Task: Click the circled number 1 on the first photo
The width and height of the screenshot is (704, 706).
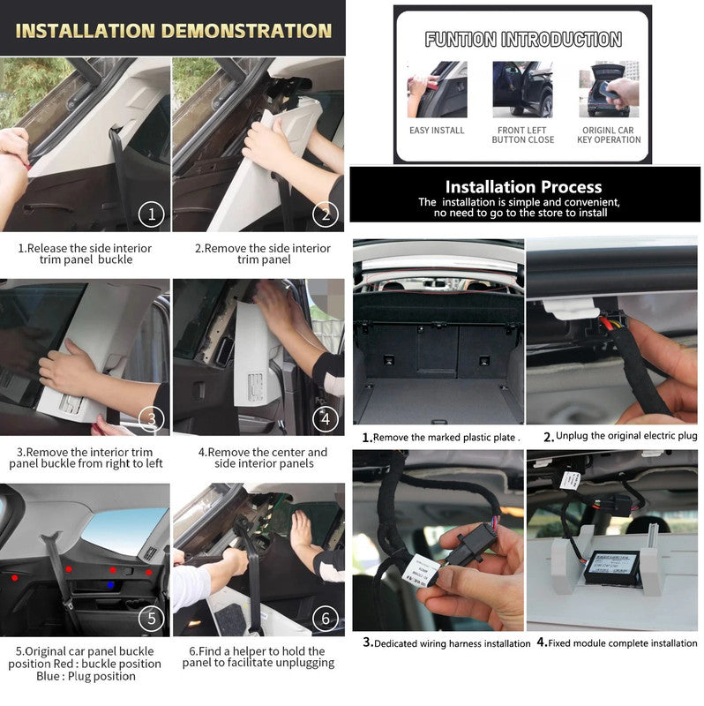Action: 151,214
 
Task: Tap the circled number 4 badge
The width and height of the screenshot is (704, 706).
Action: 326,419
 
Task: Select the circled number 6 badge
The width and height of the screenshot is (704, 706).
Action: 326,619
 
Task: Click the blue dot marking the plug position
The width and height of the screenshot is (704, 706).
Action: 110,585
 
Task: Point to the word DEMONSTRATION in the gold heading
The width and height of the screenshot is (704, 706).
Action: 246,31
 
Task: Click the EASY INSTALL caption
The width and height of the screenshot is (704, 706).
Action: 437,131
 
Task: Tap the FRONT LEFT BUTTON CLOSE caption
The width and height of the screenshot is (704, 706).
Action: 522,135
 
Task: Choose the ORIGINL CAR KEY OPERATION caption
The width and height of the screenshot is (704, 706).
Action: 609,135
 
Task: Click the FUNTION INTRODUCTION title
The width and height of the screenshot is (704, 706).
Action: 523,39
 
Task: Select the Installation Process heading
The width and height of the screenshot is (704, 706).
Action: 523,187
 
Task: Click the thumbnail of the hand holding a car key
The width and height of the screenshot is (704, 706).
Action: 609,90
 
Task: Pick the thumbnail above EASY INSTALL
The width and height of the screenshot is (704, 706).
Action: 437,90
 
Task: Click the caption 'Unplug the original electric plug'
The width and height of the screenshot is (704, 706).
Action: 626,436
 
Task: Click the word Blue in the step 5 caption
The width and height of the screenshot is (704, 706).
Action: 49,676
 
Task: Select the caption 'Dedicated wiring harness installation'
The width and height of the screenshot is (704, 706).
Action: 452,644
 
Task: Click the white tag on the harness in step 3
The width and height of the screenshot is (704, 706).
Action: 422,569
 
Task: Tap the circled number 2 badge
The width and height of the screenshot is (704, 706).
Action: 326,214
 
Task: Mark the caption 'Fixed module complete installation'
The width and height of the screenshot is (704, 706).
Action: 623,643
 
